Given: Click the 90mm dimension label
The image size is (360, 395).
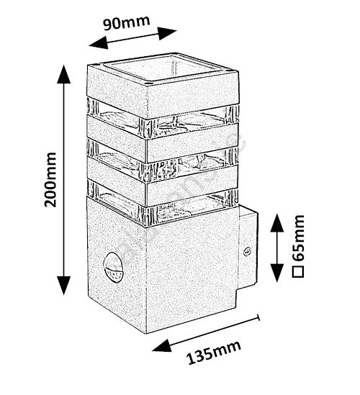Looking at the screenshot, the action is point(127,22).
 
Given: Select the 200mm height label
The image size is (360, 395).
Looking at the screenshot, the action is point(50,180).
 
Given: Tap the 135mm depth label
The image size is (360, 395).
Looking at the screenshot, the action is point(214,352).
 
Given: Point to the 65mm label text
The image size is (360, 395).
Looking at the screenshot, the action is point(298,239).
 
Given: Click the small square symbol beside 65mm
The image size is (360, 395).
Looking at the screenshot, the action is point(298,271).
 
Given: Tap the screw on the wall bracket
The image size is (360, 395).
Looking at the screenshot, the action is point(248,251).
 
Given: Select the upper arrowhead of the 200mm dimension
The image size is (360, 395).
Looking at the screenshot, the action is point(64,74).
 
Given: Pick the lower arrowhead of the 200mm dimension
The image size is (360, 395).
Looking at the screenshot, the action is point(64,286).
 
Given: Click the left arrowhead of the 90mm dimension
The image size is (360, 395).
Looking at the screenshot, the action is point(99,43).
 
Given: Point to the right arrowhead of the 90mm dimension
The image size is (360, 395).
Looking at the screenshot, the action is point(167,33).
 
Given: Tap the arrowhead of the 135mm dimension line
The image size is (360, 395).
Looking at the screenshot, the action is point(162,346).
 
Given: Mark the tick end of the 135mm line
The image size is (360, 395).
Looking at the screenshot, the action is point(258,318).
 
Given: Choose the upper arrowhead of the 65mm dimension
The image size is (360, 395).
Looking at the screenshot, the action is point(277,223).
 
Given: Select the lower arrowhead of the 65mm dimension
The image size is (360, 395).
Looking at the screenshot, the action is point(277,273).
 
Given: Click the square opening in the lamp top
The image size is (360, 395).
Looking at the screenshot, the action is point(164,68).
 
